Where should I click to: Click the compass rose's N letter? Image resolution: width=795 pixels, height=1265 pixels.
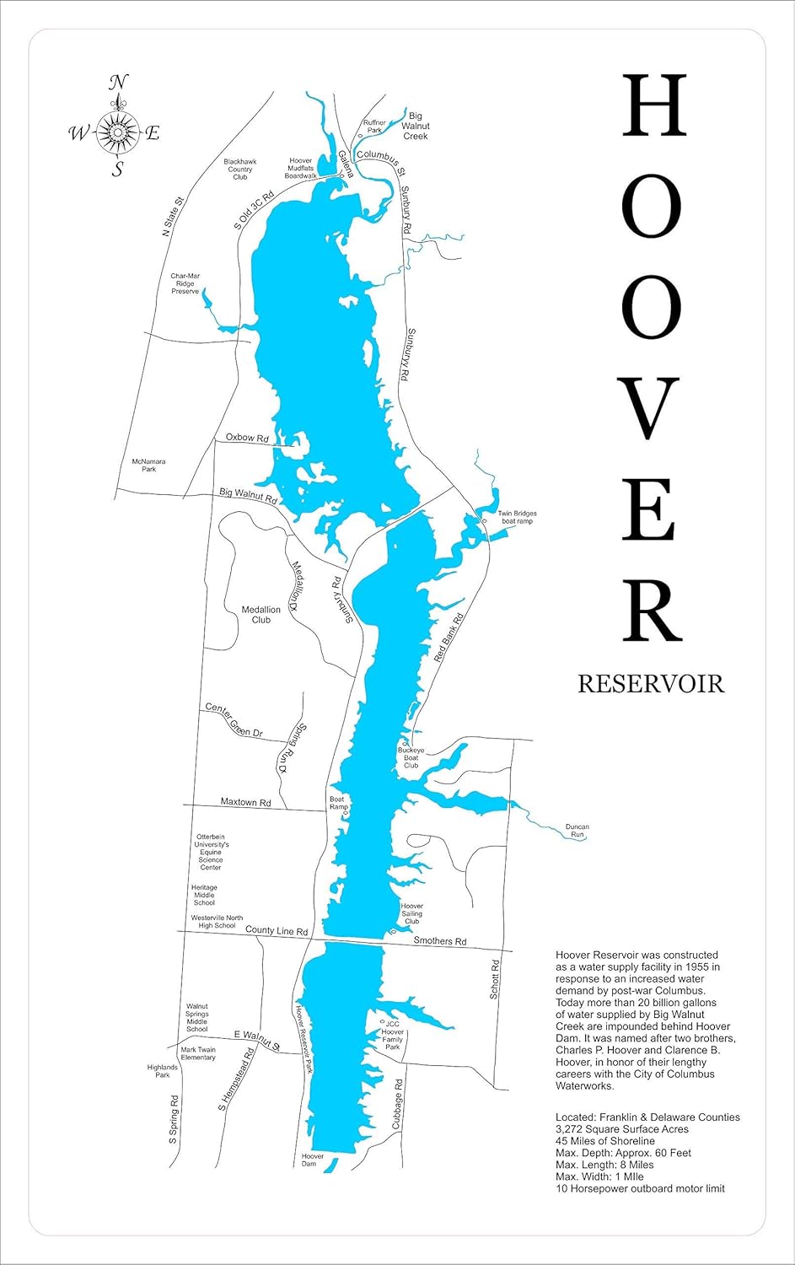pyautogui.click(x=119, y=83)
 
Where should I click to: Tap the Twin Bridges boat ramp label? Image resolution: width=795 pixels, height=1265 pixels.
pyautogui.click(x=516, y=518)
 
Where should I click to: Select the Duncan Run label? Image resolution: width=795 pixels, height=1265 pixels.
pyautogui.click(x=577, y=831)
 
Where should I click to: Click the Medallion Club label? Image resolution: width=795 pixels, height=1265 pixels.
pyautogui.click(x=261, y=615)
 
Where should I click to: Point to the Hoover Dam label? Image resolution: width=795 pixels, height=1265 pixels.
pyautogui.click(x=312, y=1160)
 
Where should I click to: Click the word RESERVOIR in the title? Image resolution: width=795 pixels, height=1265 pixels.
pyautogui.click(x=650, y=684)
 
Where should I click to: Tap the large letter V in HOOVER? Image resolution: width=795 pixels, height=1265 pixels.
pyautogui.click(x=651, y=409)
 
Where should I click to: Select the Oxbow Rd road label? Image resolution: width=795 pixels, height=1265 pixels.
pyautogui.click(x=246, y=439)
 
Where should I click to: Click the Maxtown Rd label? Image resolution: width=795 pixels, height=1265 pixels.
pyautogui.click(x=245, y=802)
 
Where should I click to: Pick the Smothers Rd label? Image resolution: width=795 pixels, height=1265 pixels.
pyautogui.click(x=439, y=941)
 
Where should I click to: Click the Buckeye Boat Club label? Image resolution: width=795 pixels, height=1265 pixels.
pyautogui.click(x=411, y=757)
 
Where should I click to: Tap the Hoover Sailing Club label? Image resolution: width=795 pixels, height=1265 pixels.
pyautogui.click(x=411, y=913)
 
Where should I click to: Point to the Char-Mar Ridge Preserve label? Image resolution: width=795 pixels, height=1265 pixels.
pyautogui.click(x=185, y=284)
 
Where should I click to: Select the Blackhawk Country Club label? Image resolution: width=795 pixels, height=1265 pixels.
pyautogui.click(x=240, y=169)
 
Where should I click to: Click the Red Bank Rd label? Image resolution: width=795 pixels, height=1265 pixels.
pyautogui.click(x=448, y=638)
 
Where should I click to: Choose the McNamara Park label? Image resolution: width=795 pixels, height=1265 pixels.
pyautogui.click(x=149, y=465)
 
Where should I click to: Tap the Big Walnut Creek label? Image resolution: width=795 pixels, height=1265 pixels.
pyautogui.click(x=415, y=126)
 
